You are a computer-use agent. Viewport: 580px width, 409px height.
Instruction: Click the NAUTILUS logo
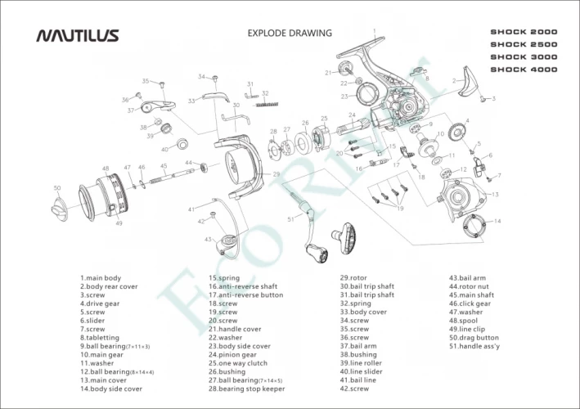(x=78, y=35)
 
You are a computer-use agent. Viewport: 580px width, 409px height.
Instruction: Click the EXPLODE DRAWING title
(x=290, y=34)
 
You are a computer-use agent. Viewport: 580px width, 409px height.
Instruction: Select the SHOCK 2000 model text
(x=524, y=32)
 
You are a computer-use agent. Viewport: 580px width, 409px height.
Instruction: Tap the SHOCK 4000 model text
(x=524, y=70)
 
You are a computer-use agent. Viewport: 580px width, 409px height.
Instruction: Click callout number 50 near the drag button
(x=57, y=188)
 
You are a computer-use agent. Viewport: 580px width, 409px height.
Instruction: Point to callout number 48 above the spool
(x=106, y=169)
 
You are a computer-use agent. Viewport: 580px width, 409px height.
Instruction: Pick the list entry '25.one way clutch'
(x=237, y=363)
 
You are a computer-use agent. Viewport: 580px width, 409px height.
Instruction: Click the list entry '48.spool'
(x=467, y=321)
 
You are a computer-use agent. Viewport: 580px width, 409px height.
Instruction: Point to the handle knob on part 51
(x=344, y=240)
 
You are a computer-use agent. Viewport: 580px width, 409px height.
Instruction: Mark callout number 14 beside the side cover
(x=497, y=222)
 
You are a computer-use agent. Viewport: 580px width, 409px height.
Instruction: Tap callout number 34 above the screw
(x=201, y=77)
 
